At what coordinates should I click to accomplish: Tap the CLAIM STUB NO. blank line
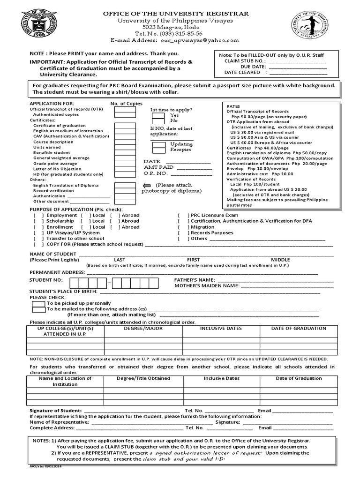coord(298,61)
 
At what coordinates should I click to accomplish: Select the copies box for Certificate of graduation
coord(125,126)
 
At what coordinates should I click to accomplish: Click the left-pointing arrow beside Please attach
coord(147,185)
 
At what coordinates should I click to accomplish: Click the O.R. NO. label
coord(152,173)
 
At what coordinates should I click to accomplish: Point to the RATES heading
coord(233,106)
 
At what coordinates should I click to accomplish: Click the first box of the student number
coord(74,283)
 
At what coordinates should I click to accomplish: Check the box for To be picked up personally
coord(38,303)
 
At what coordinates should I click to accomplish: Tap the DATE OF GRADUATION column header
coord(299,329)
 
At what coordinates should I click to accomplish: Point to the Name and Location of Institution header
coord(65,381)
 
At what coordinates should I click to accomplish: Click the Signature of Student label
coord(56,410)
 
